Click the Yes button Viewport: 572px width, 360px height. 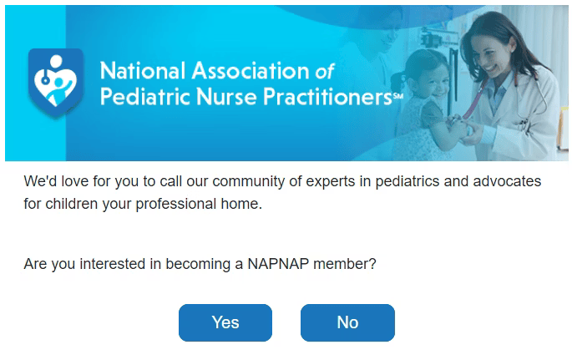click(x=225, y=322)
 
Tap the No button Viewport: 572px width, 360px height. click(x=347, y=322)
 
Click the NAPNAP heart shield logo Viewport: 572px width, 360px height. click(x=56, y=83)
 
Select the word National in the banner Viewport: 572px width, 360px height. click(x=143, y=70)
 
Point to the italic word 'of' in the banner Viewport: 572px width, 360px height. click(x=325, y=71)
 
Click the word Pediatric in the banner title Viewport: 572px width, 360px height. click(x=145, y=97)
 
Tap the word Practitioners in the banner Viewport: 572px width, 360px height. click(x=327, y=97)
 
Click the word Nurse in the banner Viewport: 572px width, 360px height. click(x=226, y=97)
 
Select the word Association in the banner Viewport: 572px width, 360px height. click(x=251, y=70)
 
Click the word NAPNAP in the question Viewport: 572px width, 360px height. click(x=278, y=264)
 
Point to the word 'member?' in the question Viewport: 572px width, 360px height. click(x=345, y=264)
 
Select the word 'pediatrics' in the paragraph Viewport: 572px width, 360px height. click(x=407, y=181)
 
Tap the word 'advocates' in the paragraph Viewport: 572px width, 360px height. click(x=507, y=181)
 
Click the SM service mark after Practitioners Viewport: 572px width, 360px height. click(x=397, y=96)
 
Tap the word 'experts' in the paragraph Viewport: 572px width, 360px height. click(x=331, y=182)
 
